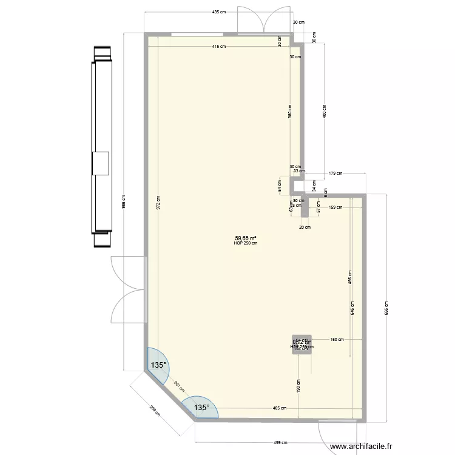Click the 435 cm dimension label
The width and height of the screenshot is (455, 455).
click(x=219, y=12)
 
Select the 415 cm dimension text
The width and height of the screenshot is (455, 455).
click(x=219, y=47)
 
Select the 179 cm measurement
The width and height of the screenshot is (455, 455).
click(x=335, y=174)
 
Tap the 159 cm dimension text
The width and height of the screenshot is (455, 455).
click(x=335, y=207)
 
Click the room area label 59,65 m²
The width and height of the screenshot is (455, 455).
click(x=246, y=238)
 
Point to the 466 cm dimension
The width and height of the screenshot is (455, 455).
click(x=350, y=277)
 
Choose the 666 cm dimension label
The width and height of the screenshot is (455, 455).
click(x=386, y=308)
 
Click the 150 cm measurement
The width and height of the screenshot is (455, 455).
click(x=337, y=340)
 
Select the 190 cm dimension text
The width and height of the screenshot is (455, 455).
click(x=299, y=386)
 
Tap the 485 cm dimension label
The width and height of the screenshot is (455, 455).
click(x=280, y=408)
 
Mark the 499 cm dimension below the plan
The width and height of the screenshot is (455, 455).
click(x=280, y=443)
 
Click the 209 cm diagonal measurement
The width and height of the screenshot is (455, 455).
click(x=155, y=413)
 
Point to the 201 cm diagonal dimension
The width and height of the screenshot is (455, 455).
click(x=177, y=386)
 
